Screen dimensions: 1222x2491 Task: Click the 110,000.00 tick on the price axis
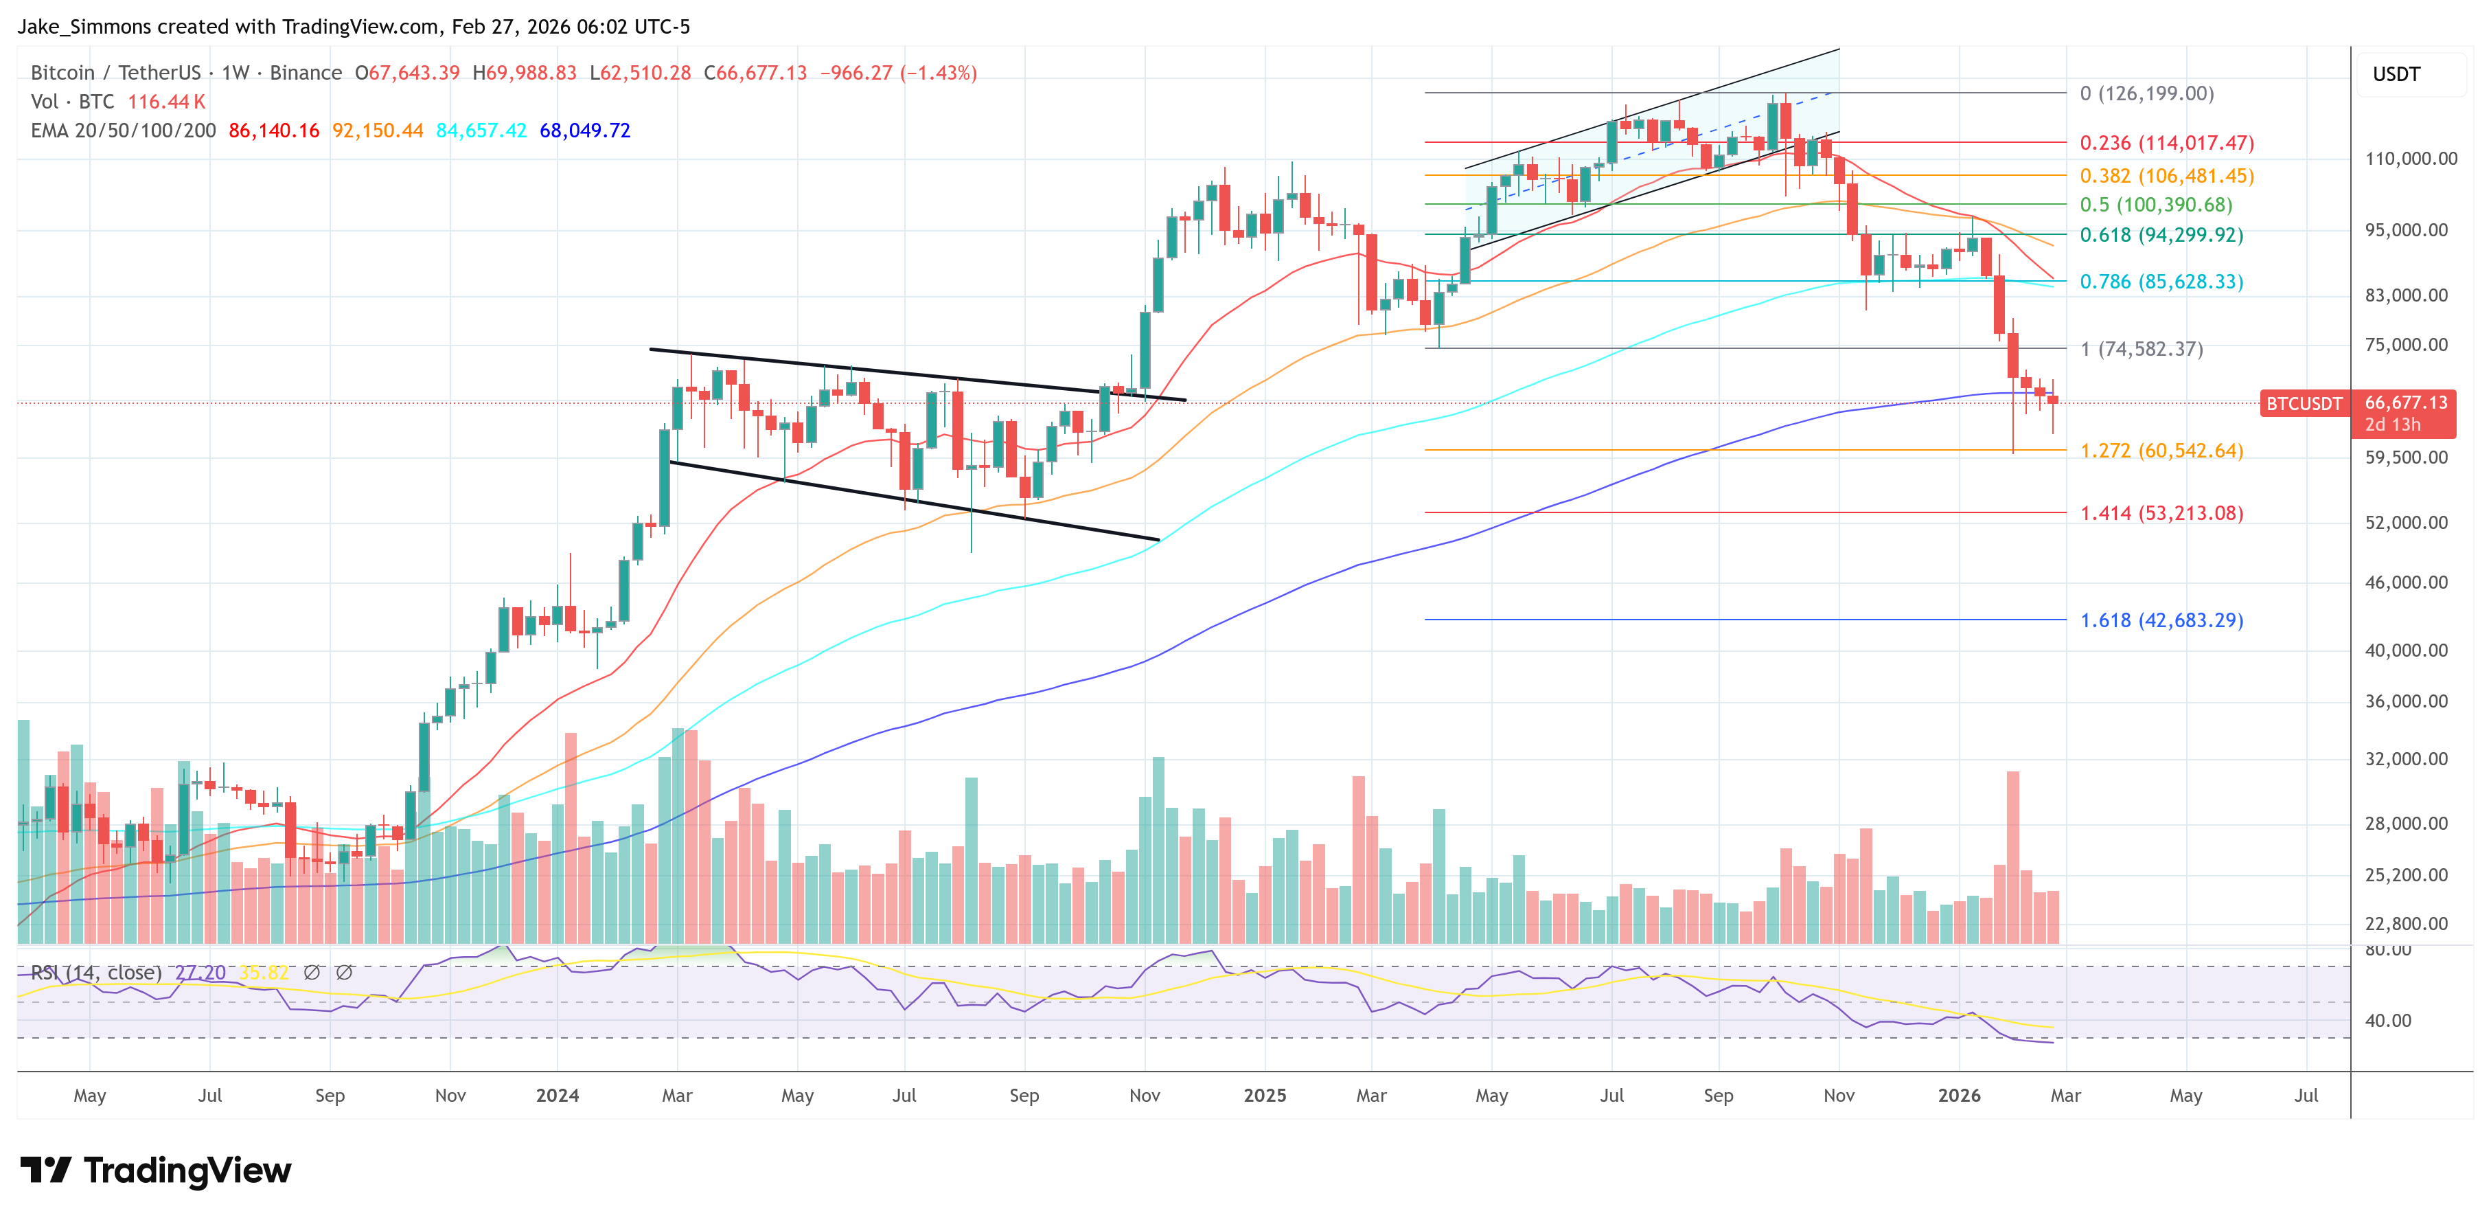(2410, 159)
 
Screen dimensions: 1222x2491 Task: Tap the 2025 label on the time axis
(1264, 1095)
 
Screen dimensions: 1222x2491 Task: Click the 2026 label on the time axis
(1958, 1095)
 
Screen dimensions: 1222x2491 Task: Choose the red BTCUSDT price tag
(2304, 403)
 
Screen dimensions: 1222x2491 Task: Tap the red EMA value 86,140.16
(274, 131)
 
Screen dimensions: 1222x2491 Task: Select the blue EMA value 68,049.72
(584, 131)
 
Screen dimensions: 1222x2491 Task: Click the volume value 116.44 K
(166, 102)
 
